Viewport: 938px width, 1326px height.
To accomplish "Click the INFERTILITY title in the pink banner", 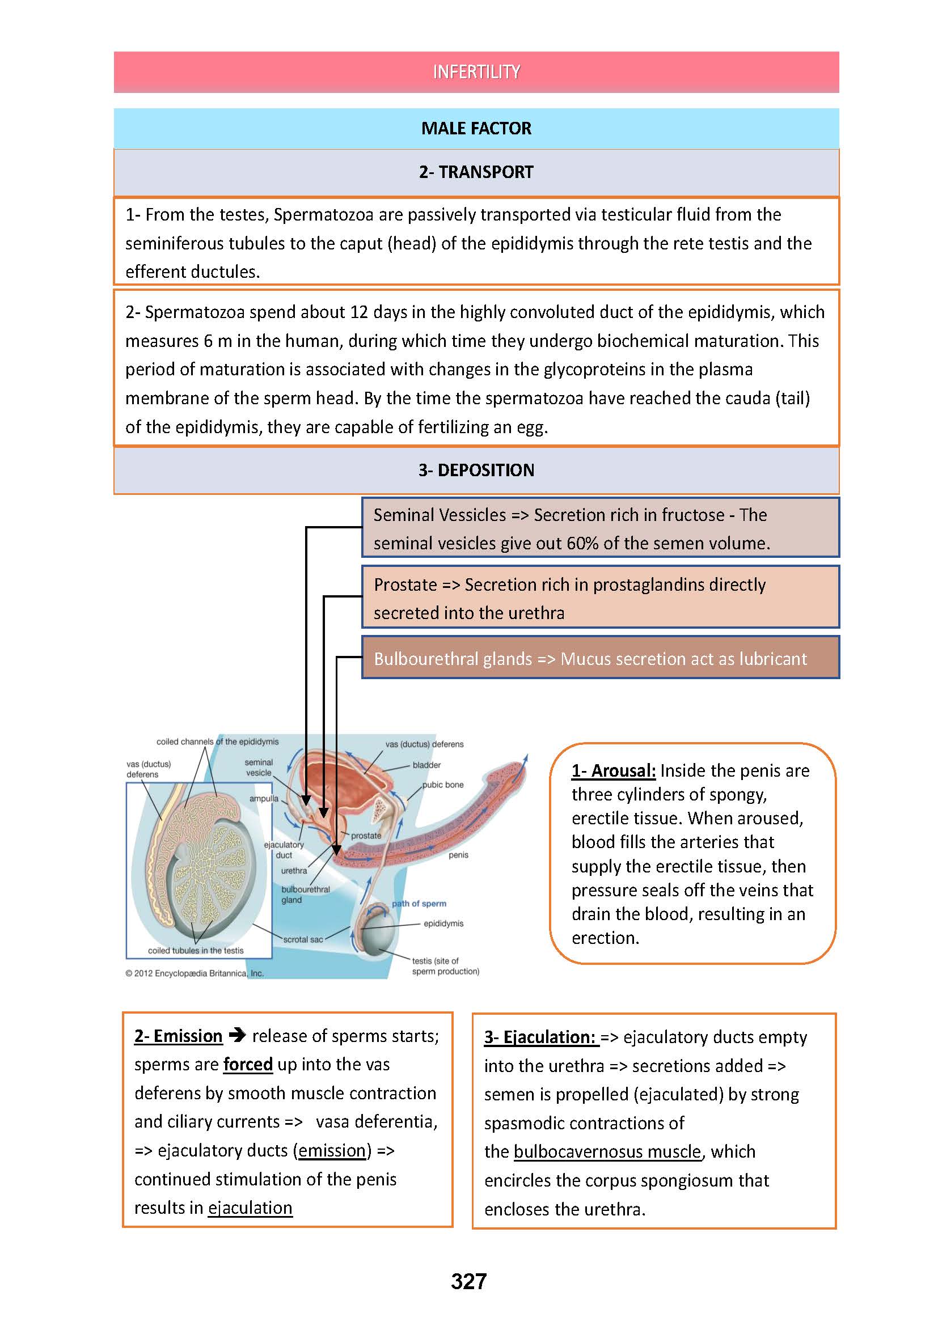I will pyautogui.click(x=476, y=71).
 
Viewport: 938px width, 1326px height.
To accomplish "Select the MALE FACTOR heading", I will pyautogui.click(x=476, y=128).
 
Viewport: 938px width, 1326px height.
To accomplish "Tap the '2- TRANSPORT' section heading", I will pyautogui.click(x=476, y=172).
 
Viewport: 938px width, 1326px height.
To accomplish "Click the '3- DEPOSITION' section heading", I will pyautogui.click(x=476, y=470).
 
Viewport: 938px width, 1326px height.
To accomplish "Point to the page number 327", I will pyautogui.click(x=468, y=1281).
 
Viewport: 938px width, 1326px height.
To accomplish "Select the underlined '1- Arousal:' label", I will pyautogui.click(x=614, y=770).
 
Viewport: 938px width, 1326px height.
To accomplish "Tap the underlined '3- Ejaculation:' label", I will pyautogui.click(x=540, y=1037).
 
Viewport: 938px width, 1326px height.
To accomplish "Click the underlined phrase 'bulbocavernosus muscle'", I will pyautogui.click(x=607, y=1151).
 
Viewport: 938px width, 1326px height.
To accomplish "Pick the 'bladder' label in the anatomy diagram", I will pyautogui.click(x=426, y=765).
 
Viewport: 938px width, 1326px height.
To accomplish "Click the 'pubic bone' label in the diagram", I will pyautogui.click(x=442, y=784).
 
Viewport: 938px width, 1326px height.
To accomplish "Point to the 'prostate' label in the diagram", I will pyautogui.click(x=366, y=835).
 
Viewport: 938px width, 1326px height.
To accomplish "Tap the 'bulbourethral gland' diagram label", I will pyautogui.click(x=305, y=895).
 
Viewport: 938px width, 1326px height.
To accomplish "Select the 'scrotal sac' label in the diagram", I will pyautogui.click(x=303, y=939).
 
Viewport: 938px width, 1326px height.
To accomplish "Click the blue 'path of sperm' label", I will pyautogui.click(x=419, y=903).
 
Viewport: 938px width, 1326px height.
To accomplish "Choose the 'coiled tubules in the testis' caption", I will pyautogui.click(x=196, y=950).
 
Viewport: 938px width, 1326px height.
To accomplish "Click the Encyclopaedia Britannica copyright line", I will pyautogui.click(x=195, y=973).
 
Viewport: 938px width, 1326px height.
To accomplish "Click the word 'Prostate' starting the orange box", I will pyautogui.click(x=405, y=584).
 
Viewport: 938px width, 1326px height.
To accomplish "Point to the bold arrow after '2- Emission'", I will pyautogui.click(x=238, y=1036).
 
